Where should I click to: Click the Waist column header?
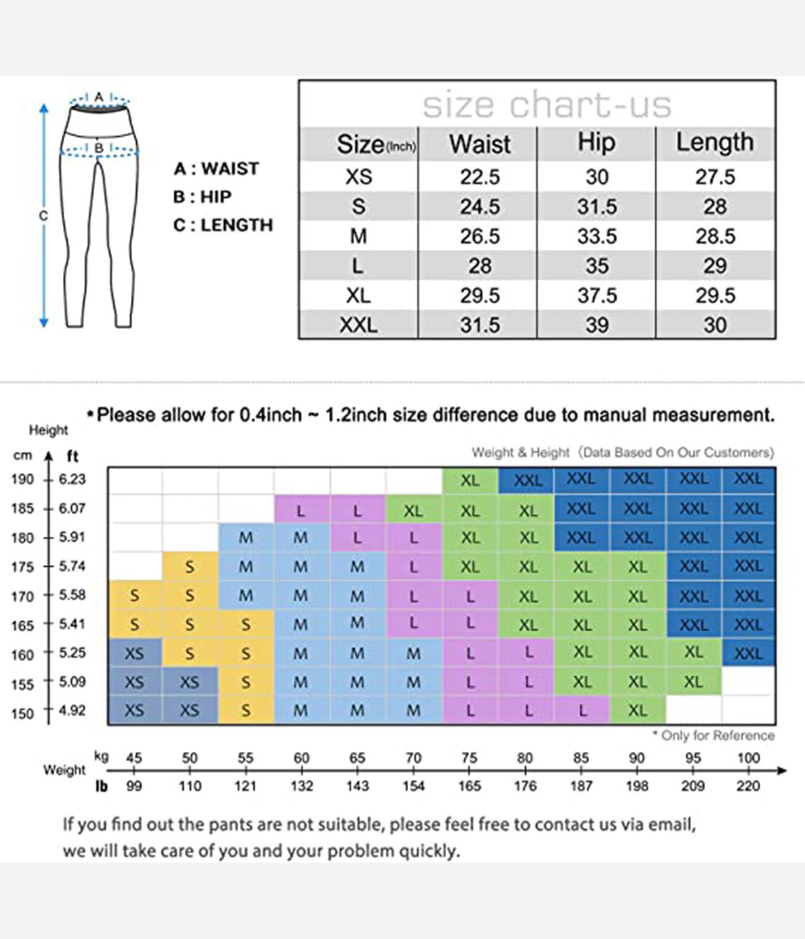coord(480,144)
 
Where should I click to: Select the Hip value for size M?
coord(596,236)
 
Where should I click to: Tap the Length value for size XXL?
coord(714,325)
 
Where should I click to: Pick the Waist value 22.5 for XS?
coord(480,177)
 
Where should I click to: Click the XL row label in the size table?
coord(358,296)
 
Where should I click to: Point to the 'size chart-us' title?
coord(547,105)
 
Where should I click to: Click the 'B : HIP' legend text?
coord(202,197)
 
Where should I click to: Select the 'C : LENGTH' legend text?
coord(223,225)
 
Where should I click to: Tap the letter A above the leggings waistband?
coord(99,97)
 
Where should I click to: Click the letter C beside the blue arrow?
coord(43,216)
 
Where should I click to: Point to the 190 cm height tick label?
coord(22,480)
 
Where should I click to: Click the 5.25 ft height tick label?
coord(72,653)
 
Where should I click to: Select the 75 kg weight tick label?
coord(469,758)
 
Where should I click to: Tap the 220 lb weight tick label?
coord(748,786)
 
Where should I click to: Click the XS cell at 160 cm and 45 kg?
coord(134,653)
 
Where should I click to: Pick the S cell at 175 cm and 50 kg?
coord(190,567)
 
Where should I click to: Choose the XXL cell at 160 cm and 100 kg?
coord(748,653)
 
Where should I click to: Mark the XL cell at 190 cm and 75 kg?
coord(470,480)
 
